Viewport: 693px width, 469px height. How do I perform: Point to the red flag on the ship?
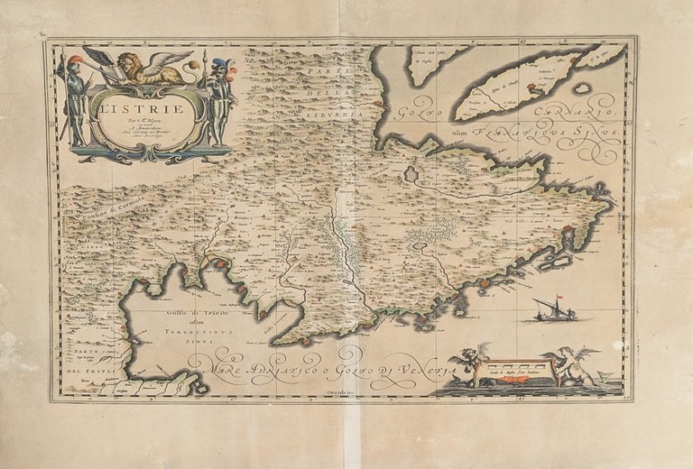[559, 297]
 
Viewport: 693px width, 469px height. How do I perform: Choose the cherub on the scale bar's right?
[570, 365]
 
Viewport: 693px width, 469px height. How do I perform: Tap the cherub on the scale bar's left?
[469, 364]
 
